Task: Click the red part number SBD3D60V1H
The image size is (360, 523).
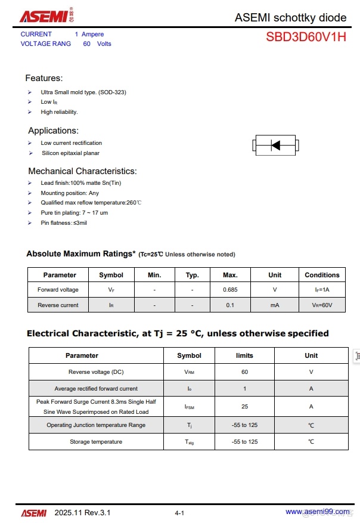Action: [x=306, y=37]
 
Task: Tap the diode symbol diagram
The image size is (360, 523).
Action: [x=275, y=145]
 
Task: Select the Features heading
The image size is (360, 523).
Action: [x=44, y=78]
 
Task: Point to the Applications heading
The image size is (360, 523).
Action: [x=53, y=131]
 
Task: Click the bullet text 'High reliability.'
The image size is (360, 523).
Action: [x=59, y=112]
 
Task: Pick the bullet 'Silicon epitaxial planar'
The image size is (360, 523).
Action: [x=70, y=153]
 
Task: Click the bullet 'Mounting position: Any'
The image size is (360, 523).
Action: [x=70, y=193]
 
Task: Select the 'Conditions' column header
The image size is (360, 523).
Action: [x=322, y=275]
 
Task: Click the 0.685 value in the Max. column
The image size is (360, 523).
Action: [x=230, y=290]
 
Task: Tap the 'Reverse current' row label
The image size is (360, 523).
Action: [x=58, y=305]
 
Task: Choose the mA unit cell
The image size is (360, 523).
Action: [x=274, y=305]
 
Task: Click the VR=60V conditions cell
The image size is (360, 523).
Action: [x=322, y=305]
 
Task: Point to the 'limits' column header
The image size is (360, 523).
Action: [x=244, y=355]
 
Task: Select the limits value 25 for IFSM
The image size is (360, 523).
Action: [x=244, y=407]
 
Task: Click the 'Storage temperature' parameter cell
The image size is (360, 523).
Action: [x=95, y=442]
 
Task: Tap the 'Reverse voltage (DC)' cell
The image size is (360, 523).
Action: [x=96, y=372]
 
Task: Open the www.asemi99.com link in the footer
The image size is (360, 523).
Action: [x=317, y=512]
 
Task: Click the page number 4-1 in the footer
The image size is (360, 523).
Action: [x=179, y=513]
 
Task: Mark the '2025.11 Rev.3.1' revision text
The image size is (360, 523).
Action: [x=82, y=513]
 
